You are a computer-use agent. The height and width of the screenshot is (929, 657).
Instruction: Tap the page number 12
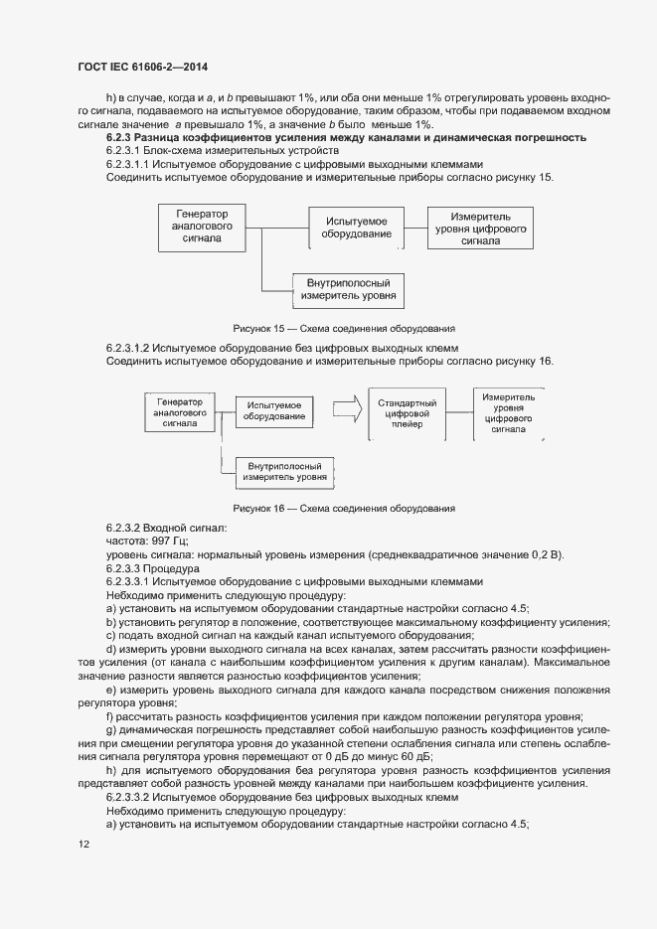83,845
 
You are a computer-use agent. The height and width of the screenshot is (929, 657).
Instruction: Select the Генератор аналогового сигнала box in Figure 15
202,227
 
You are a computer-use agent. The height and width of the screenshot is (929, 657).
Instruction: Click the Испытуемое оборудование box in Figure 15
355,227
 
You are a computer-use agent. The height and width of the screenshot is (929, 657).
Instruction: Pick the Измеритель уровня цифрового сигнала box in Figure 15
480,229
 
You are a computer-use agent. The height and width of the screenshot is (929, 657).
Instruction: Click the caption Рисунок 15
343,327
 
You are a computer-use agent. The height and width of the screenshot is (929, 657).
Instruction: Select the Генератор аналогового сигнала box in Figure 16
181,410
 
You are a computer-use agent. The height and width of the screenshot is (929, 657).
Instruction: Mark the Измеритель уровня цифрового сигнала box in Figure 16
508,413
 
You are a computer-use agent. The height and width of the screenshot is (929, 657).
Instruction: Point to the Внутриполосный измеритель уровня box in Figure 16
283,471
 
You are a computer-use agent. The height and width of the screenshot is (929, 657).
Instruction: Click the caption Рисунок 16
343,508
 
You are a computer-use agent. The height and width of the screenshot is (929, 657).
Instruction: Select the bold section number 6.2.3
120,137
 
